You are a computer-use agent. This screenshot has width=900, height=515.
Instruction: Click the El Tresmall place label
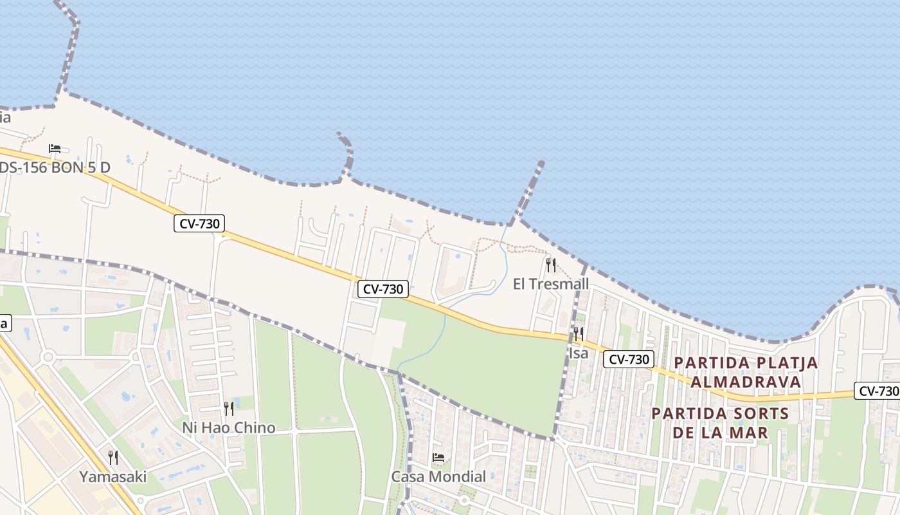(551, 284)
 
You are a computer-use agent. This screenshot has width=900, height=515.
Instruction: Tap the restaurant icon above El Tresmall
(551, 265)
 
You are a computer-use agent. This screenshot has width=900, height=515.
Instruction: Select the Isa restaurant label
(579, 353)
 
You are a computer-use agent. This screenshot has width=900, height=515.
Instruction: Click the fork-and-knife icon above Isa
(579, 333)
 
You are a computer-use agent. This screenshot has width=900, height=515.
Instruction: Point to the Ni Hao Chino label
(228, 427)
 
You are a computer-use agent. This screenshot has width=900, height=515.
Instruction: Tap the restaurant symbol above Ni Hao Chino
(228, 408)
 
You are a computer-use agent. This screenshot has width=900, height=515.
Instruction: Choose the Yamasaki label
(113, 477)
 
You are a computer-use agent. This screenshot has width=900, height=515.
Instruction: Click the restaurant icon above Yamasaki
(113, 458)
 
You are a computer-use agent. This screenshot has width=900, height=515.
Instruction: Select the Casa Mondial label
(438, 477)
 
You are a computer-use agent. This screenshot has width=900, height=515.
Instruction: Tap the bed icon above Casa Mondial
(438, 458)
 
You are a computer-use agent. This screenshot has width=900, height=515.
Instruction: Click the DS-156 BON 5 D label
(55, 168)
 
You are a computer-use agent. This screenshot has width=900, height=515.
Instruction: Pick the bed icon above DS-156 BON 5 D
(55, 149)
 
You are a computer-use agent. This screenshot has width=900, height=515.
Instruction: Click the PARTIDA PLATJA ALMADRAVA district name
(746, 372)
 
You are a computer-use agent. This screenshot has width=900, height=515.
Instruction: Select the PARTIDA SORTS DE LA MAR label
(720, 422)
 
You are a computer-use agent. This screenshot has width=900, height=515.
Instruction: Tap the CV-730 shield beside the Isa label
(628, 359)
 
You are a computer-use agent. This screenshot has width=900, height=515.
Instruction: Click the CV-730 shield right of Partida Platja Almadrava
(877, 391)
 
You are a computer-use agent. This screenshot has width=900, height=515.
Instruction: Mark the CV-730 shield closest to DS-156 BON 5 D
(199, 224)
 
